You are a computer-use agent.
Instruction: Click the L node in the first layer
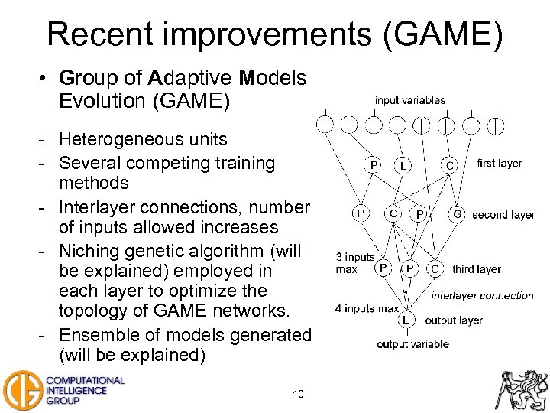pos(402,164)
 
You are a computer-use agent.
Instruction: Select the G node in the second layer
pos(458,213)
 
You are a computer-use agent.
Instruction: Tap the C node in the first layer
pos(450,164)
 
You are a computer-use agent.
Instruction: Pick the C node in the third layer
pos(435,269)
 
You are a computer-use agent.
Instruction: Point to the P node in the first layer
pos(373,164)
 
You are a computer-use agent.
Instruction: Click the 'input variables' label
pos(409,100)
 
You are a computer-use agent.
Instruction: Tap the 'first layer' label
pos(499,163)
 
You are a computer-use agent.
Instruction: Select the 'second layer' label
pos(503,215)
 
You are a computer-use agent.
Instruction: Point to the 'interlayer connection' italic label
pos(482,295)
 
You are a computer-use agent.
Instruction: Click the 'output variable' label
pos(412,344)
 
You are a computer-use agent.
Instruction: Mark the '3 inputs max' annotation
pos(355,263)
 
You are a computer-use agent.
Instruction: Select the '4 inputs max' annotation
pos(367,309)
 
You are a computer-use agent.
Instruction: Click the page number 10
pos(298,394)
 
